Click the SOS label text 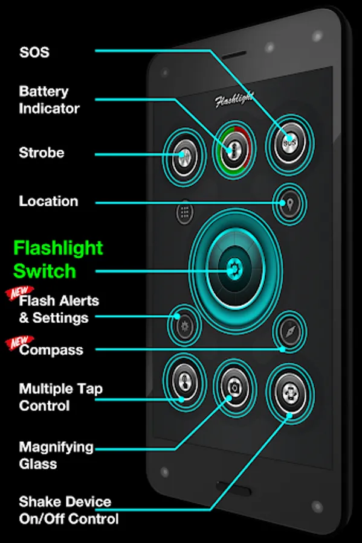(34, 52)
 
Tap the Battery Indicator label (49, 100)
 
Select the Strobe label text (42, 153)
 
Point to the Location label (48, 201)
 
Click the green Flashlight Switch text (58, 259)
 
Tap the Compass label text (51, 350)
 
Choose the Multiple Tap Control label (60, 397)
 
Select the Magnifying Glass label (56, 456)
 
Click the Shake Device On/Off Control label (69, 510)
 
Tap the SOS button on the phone (290, 142)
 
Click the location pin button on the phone (289, 204)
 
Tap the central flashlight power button (234, 269)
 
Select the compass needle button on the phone (289, 331)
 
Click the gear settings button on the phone (184, 326)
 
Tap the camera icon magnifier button (234, 388)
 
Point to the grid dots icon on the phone (185, 212)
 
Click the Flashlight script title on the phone (234, 100)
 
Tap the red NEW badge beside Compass (19, 342)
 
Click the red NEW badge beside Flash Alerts (19, 293)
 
